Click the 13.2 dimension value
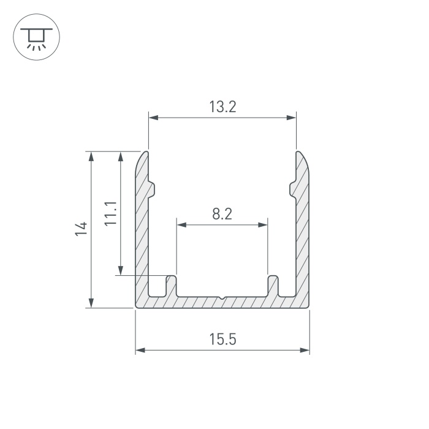[x=222, y=107]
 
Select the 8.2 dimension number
[x=222, y=214]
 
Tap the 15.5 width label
[x=222, y=340]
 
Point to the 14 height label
[x=81, y=229]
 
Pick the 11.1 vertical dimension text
[x=111, y=213]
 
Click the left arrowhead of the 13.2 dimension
[x=154, y=118]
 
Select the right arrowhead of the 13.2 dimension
[x=291, y=118]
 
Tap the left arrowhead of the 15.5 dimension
[x=140, y=350]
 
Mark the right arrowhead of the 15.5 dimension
[x=305, y=350]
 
